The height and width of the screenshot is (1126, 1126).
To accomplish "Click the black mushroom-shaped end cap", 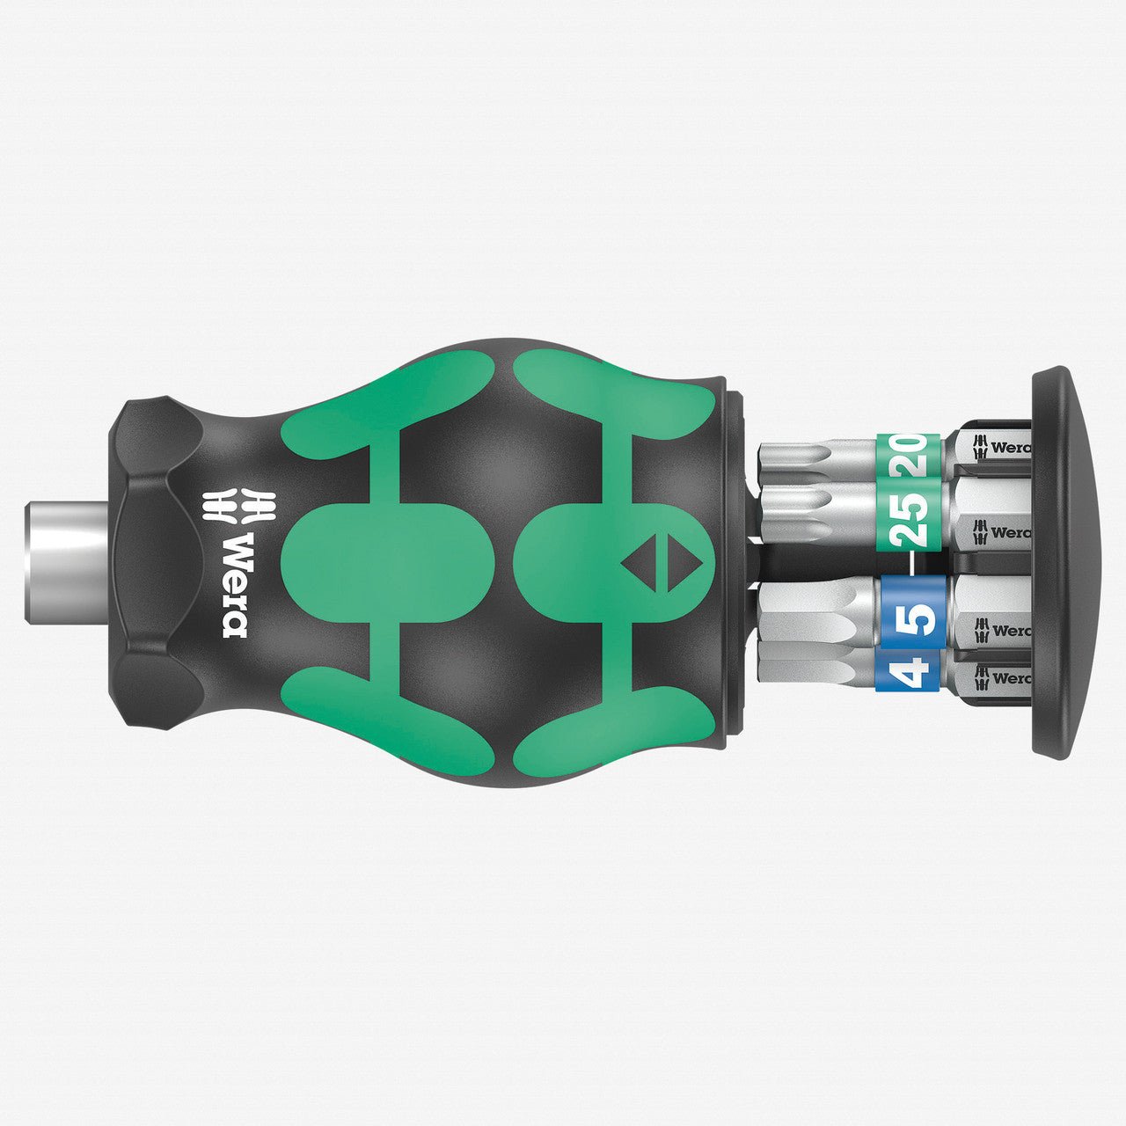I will [1064, 563].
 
